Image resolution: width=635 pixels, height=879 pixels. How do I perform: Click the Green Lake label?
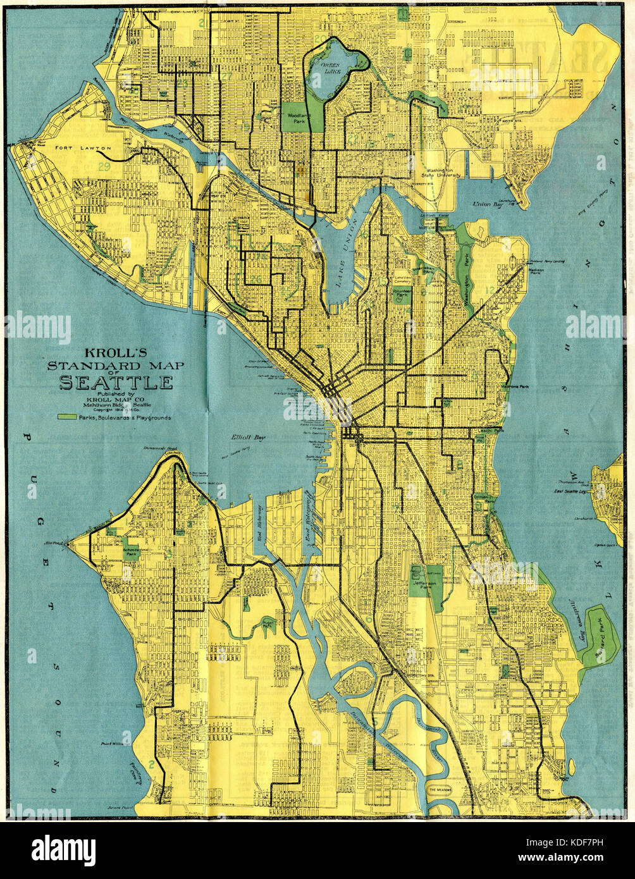coord(330,68)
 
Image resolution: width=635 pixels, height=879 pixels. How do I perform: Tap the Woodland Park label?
coord(296,119)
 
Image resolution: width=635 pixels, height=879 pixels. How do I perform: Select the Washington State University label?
coord(443,173)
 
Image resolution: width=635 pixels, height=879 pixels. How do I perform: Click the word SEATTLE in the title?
coord(116,383)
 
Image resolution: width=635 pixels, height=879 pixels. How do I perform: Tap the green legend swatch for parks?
coord(65,417)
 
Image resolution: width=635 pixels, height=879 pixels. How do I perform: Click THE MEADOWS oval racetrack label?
coord(441,790)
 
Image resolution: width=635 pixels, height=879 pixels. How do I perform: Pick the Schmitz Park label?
coord(132,550)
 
